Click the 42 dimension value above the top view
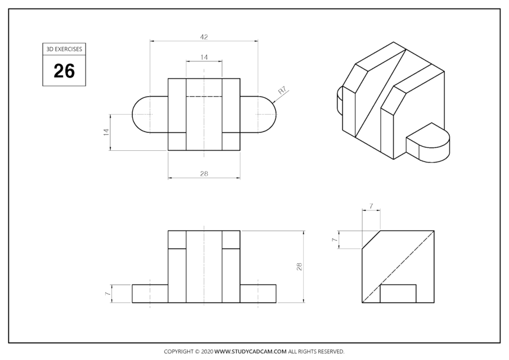click(x=204, y=37)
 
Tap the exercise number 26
click(x=64, y=71)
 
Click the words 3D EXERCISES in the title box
click(x=64, y=49)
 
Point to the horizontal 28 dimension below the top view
click(x=204, y=174)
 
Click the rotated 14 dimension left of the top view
click(x=105, y=132)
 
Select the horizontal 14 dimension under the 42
click(x=204, y=57)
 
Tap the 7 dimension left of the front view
click(x=106, y=294)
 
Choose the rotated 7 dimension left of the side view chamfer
click(x=334, y=240)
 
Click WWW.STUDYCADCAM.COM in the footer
click(x=251, y=352)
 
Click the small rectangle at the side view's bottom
click(x=398, y=294)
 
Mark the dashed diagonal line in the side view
click(x=398, y=266)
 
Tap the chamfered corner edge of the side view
click(x=371, y=240)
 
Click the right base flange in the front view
click(x=258, y=294)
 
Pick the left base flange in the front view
click(x=150, y=294)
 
